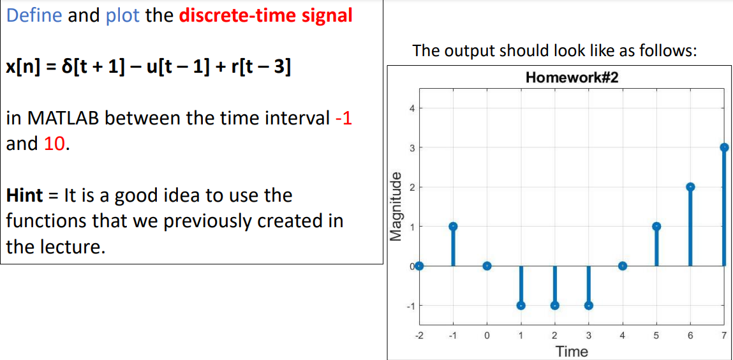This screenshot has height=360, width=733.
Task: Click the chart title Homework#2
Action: [572, 78]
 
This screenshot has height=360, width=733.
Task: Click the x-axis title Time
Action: [572, 351]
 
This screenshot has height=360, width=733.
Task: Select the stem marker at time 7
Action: [724, 147]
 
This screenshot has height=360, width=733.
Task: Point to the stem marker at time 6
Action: [690, 187]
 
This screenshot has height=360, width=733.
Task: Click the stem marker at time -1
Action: [453, 227]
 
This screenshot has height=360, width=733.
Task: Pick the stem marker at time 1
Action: [521, 305]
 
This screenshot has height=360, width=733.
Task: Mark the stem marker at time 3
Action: [589, 305]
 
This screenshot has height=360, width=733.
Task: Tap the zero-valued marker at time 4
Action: [623, 266]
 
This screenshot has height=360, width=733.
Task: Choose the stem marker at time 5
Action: [656, 227]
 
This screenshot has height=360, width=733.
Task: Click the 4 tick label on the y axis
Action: [411, 109]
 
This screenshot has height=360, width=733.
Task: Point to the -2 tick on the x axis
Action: [419, 334]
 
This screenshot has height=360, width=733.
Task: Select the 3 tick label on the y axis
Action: [411, 148]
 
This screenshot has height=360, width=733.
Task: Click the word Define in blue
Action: [34, 15]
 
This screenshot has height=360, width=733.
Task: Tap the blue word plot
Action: [122, 15]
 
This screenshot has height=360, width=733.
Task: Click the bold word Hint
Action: [25, 195]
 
